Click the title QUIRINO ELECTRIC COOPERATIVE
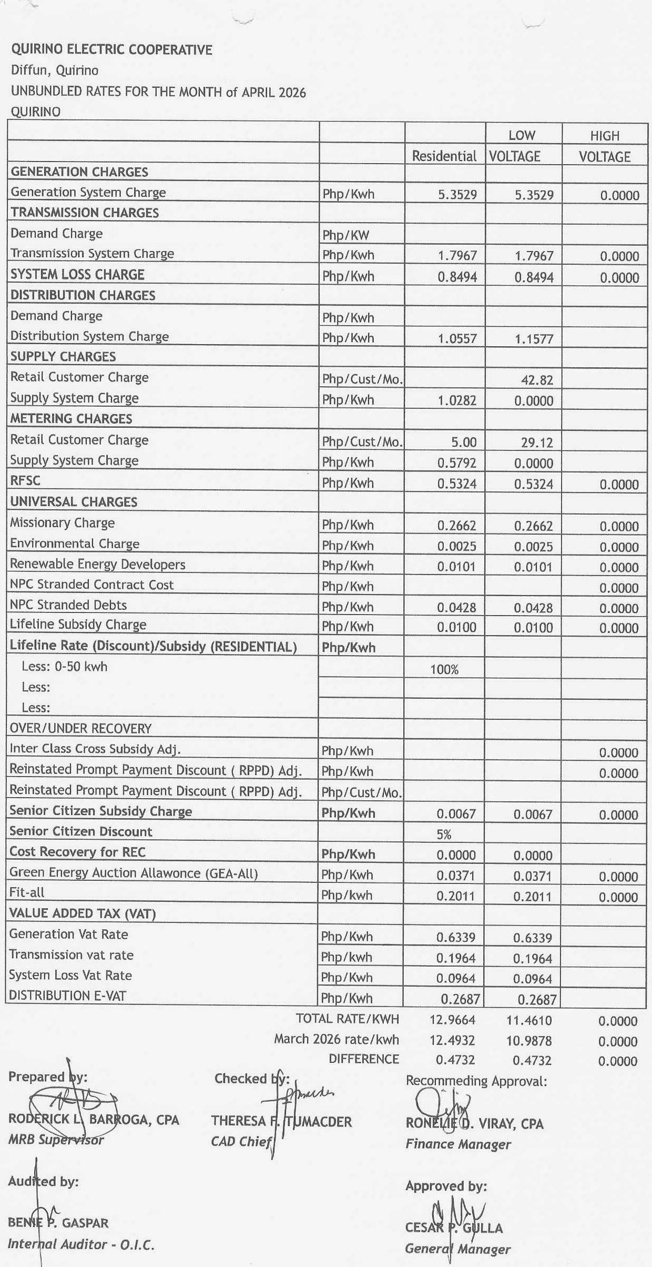111,50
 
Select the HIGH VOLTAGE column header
605,146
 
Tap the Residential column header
444,156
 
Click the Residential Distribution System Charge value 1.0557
457,339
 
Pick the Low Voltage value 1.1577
534,339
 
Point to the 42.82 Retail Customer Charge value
537,380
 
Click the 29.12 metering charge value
537,443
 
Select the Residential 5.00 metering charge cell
464,443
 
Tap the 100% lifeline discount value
444,669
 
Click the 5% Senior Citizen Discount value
444,834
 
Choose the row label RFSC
25,480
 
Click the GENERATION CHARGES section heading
79,172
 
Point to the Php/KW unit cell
346,235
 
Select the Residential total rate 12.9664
452,1020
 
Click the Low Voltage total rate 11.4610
529,1021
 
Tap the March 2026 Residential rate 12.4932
452,1040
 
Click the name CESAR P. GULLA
454,1228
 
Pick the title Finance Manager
458,1144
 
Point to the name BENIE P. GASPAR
58,1223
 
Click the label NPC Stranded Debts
68,605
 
